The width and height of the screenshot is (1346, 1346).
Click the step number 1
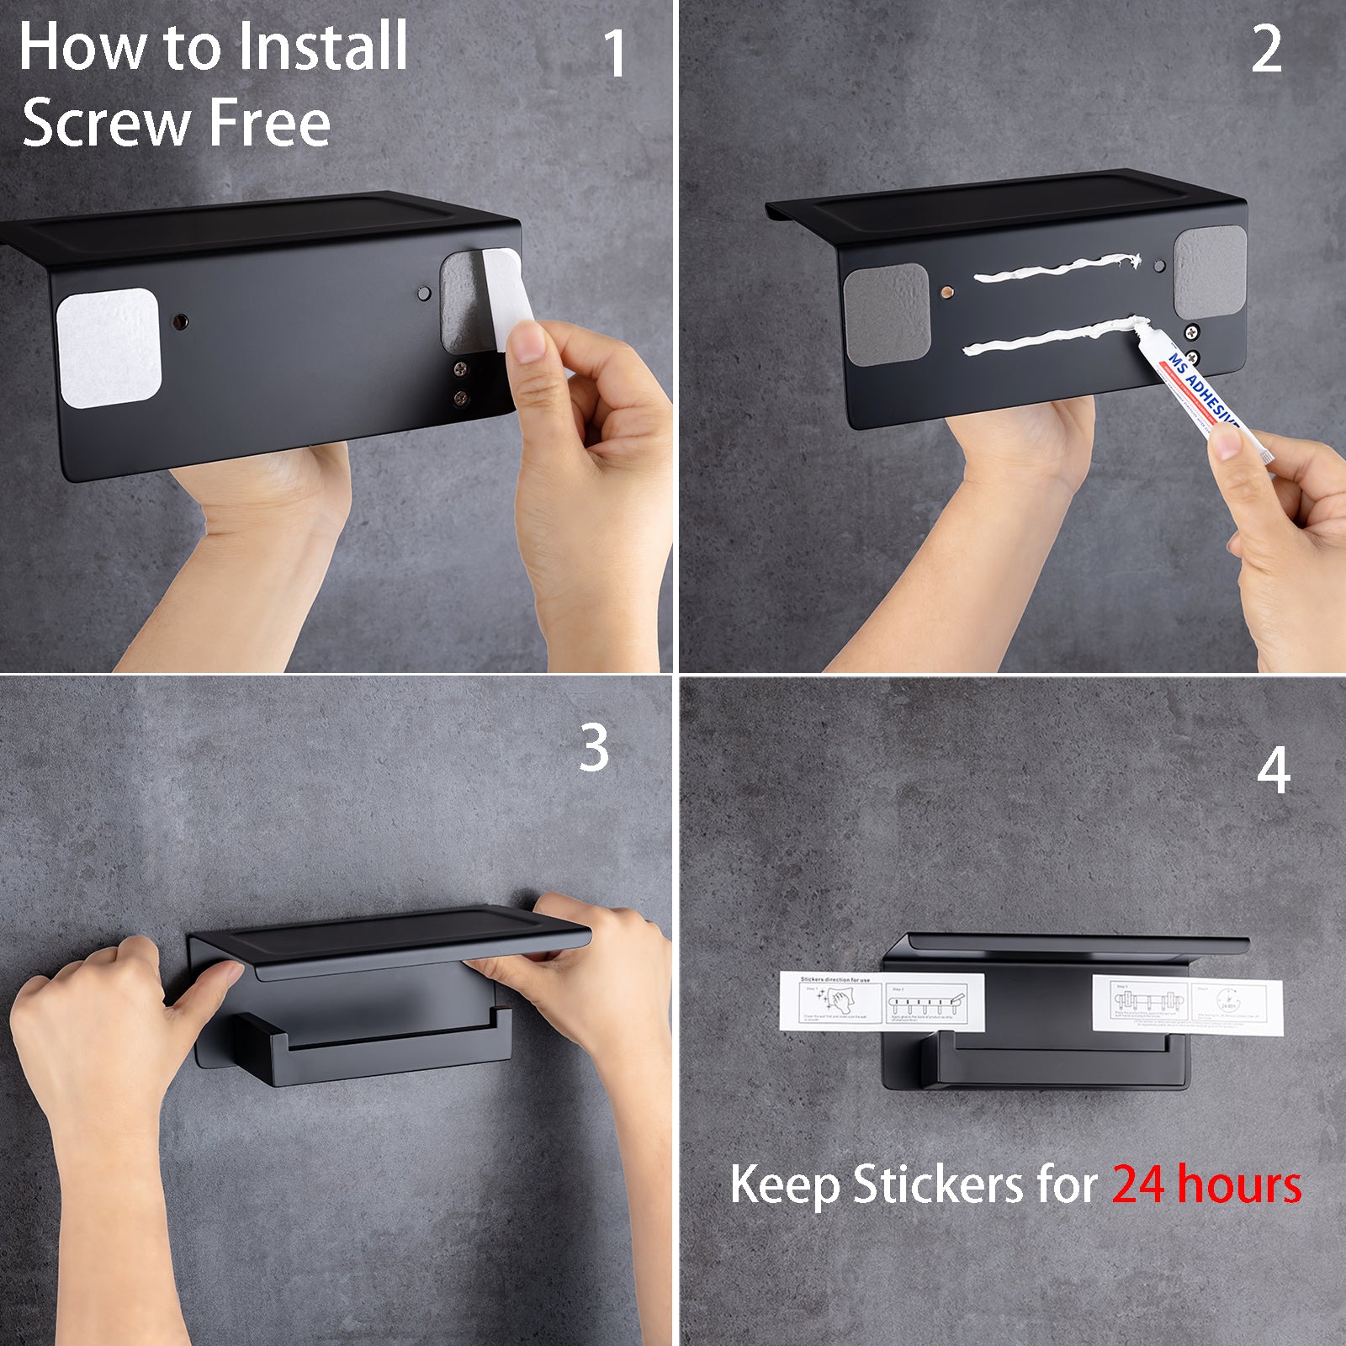(x=616, y=54)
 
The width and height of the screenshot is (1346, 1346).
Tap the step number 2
(x=1266, y=50)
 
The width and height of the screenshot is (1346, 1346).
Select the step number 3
(x=594, y=748)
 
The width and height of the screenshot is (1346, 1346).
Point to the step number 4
(x=1274, y=771)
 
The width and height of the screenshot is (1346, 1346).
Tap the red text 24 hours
(x=1206, y=1184)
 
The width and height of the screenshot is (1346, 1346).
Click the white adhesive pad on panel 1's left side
(x=109, y=347)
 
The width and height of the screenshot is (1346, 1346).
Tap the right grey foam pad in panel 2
(x=1210, y=271)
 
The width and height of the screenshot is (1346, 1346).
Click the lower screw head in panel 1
(x=460, y=398)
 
